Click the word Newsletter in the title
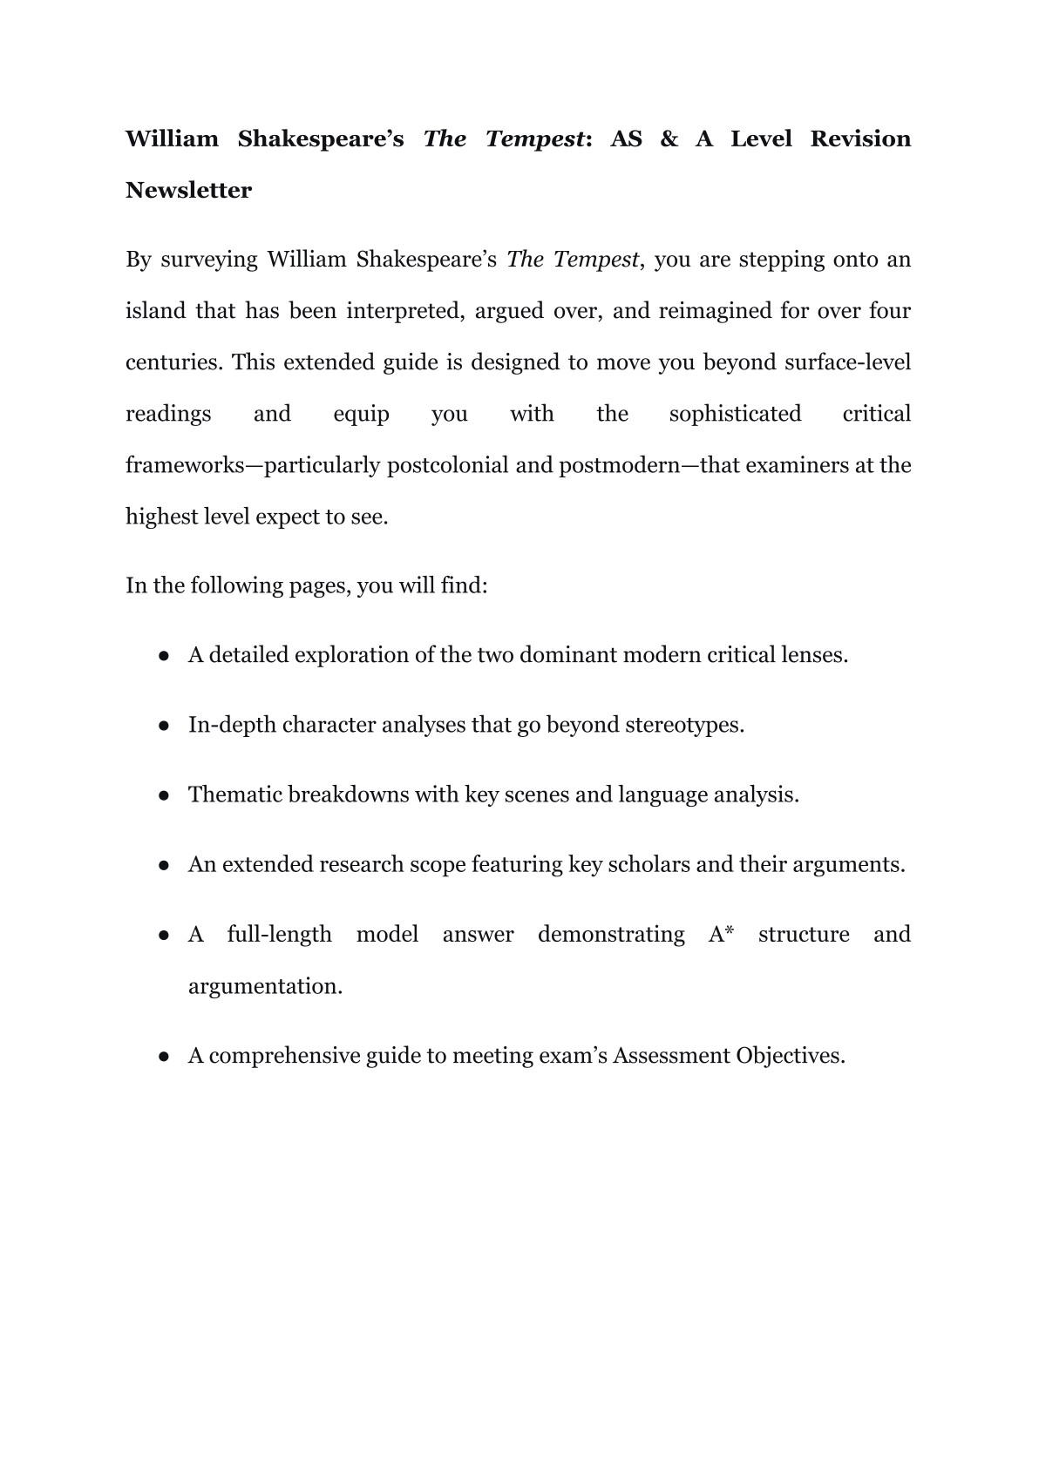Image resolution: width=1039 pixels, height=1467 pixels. (x=188, y=190)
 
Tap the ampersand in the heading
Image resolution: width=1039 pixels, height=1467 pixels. (x=669, y=139)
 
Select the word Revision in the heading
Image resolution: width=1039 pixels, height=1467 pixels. (x=860, y=139)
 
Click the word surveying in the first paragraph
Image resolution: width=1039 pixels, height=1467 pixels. (x=209, y=260)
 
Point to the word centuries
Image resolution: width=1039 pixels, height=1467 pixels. (x=173, y=362)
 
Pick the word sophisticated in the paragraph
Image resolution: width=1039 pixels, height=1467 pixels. (x=735, y=414)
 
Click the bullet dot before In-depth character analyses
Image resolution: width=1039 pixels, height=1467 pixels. (x=163, y=726)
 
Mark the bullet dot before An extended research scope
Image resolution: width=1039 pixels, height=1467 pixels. (x=163, y=865)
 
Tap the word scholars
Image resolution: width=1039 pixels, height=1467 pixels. (x=649, y=864)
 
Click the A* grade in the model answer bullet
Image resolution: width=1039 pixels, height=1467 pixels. (x=721, y=934)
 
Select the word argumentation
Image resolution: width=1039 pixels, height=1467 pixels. (x=265, y=986)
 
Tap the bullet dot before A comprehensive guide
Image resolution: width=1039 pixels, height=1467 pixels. (x=163, y=1057)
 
